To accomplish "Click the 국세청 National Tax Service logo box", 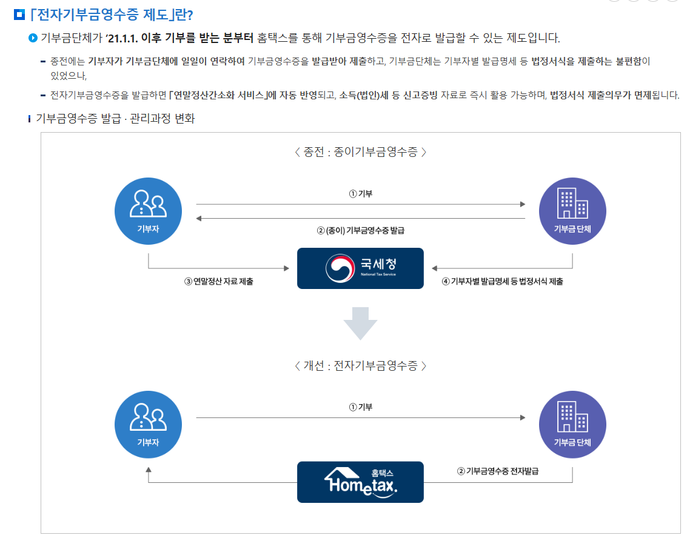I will tap(360, 268).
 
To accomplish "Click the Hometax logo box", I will tap(360, 482).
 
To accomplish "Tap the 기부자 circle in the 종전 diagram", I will tap(148, 210).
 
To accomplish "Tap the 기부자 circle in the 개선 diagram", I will tap(148, 424).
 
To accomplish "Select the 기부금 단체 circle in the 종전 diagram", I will tap(572, 210).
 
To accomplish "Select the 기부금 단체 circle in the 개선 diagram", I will tap(572, 424).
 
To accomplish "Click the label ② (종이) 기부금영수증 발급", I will tap(360, 231).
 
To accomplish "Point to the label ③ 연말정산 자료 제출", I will tap(219, 282).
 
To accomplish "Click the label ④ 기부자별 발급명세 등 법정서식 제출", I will tap(502, 282).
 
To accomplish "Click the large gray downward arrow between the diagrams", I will tap(360, 323).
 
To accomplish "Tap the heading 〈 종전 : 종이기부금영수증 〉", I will tap(360, 152).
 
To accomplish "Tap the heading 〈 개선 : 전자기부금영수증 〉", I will tap(360, 366).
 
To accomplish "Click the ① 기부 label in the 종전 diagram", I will tap(360, 194).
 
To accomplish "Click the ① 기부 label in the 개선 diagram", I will tap(360, 408).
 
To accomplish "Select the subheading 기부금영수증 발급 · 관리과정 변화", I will tap(115, 119).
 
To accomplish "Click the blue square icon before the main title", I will tap(19, 14).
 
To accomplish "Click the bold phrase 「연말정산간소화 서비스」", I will tap(220, 95).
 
